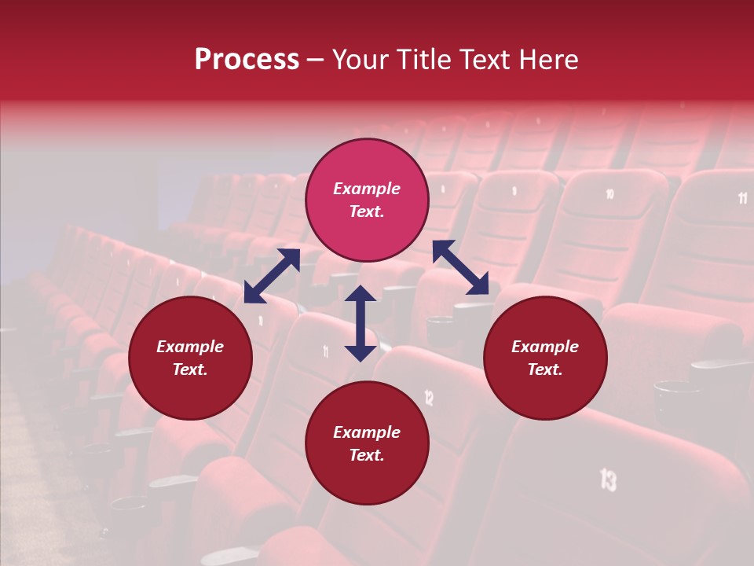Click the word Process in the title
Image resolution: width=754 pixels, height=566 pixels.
[247, 60]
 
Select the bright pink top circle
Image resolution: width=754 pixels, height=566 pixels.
[367, 200]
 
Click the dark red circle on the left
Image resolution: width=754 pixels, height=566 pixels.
[190, 358]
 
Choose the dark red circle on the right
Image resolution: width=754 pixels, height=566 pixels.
[545, 358]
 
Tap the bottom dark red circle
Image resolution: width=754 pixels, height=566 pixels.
[367, 443]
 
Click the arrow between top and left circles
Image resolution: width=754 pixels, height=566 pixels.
[272, 276]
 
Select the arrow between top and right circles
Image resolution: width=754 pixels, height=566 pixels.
[460, 267]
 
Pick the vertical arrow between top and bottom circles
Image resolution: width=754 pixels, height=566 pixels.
[361, 323]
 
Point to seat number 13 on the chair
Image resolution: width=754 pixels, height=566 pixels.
[608, 479]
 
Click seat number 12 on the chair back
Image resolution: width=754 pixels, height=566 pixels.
[429, 397]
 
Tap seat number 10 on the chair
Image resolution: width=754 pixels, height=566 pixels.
[609, 193]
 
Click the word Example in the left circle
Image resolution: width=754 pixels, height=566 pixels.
[190, 347]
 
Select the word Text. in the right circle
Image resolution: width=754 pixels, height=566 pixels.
[545, 369]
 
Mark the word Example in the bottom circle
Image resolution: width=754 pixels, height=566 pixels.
[367, 432]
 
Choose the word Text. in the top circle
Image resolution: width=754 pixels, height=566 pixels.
[367, 211]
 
